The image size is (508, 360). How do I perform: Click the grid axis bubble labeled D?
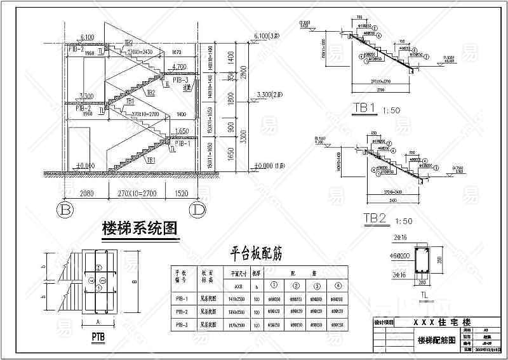click(199, 208)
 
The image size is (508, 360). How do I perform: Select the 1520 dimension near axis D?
click(180, 190)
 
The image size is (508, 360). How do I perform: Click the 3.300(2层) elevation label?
click(270, 95)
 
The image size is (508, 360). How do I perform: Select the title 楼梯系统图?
click(138, 229)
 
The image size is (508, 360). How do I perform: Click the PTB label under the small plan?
click(98, 335)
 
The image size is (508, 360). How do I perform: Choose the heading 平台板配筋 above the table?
click(256, 254)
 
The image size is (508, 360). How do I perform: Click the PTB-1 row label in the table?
click(181, 298)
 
